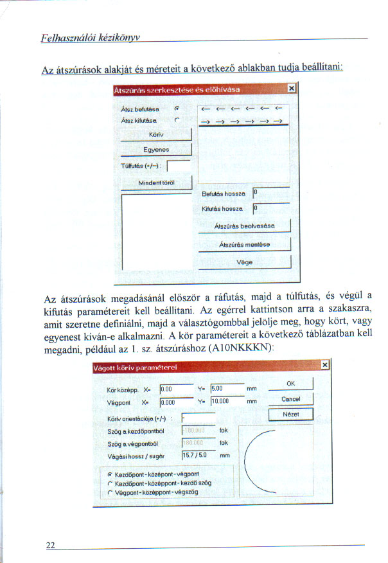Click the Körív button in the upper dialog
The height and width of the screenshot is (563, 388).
pos(156,135)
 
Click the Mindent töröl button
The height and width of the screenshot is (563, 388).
pos(156,183)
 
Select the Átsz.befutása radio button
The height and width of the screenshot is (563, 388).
pos(175,110)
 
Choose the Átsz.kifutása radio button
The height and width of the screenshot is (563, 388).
pos(175,120)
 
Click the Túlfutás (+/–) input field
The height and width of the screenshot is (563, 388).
pos(178,166)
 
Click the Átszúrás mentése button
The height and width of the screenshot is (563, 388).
pos(244,244)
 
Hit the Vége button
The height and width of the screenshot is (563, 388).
pos(244,262)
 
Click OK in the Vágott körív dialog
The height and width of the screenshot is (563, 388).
pos(290,384)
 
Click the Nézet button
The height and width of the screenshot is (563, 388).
pos(290,415)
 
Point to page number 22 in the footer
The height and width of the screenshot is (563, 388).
pos(50,545)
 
